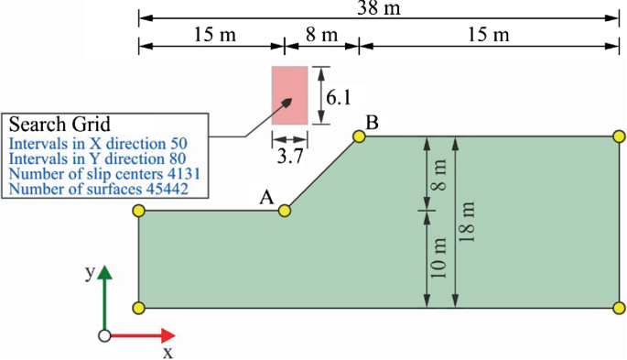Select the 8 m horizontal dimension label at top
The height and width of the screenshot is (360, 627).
pos(320,35)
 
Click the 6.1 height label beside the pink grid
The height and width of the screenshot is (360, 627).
pos(340,95)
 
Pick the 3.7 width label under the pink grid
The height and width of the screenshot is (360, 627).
pos(290,157)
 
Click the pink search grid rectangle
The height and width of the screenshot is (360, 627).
pos(289,95)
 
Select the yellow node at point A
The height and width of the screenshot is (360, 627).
pos(285,211)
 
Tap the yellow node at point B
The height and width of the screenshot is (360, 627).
pos(359,136)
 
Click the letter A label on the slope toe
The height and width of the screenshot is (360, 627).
pos(266,196)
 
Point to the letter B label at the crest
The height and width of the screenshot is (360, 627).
pos(372,122)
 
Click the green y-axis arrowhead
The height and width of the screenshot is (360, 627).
pos(104,273)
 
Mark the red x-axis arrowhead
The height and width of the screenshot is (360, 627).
pos(167,335)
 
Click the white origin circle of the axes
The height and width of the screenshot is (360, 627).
pos(104,335)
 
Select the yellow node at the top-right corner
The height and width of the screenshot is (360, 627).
pos(619,136)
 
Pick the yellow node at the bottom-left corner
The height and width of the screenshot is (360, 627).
pos(139,308)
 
